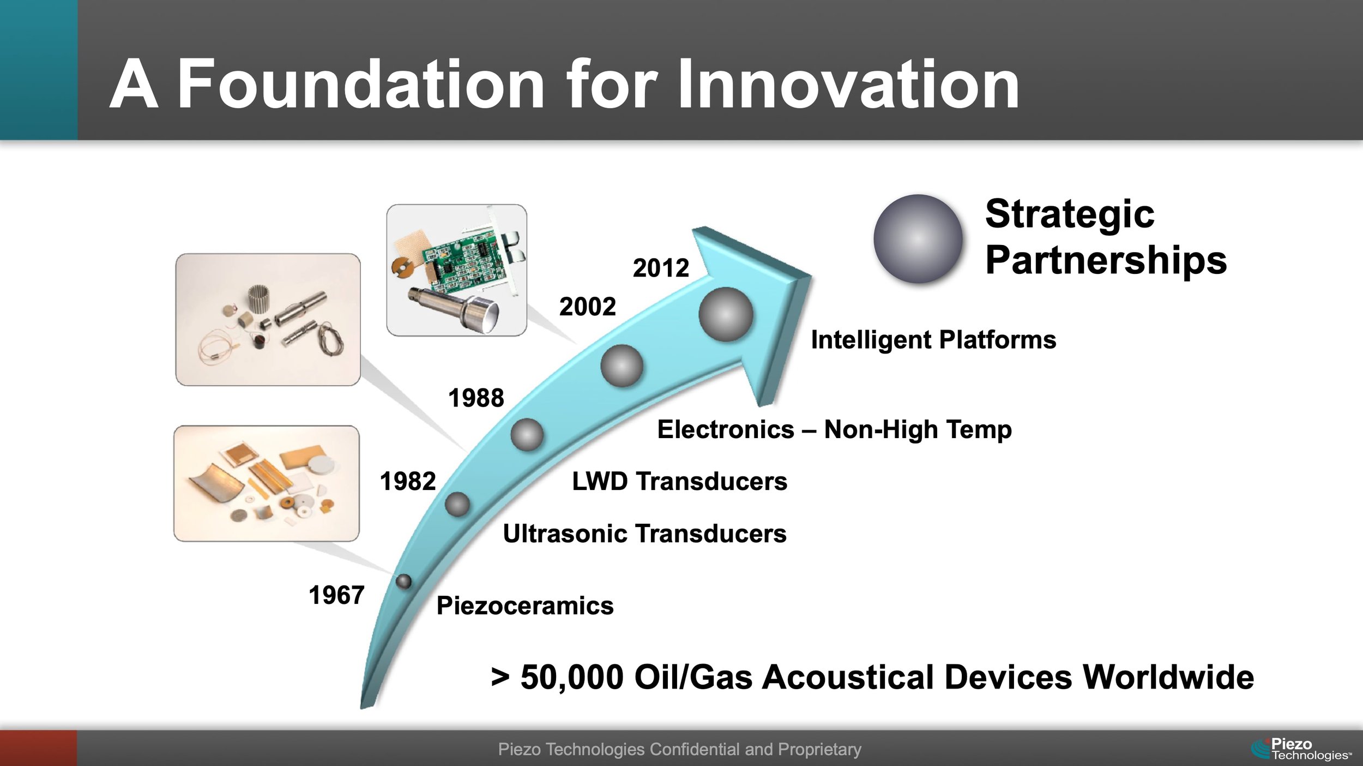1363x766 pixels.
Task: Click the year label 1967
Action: tap(336, 595)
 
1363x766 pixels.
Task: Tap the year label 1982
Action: tap(408, 482)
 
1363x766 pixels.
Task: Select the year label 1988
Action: tap(476, 398)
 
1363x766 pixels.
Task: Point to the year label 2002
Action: tap(587, 307)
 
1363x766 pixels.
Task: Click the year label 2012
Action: tap(661, 268)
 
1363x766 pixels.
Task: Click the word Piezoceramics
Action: tap(524, 606)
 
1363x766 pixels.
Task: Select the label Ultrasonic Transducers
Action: tap(644, 534)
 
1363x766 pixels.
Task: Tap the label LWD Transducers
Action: tap(679, 482)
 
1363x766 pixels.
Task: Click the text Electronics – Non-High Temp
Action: tap(834, 429)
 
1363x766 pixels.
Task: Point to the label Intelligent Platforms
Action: tap(933, 340)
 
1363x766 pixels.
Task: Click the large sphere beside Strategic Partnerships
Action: tap(918, 239)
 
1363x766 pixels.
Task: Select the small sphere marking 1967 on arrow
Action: tap(403, 582)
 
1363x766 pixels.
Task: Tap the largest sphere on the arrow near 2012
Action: tap(726, 315)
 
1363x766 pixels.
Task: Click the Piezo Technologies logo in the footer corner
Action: tap(1300, 749)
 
